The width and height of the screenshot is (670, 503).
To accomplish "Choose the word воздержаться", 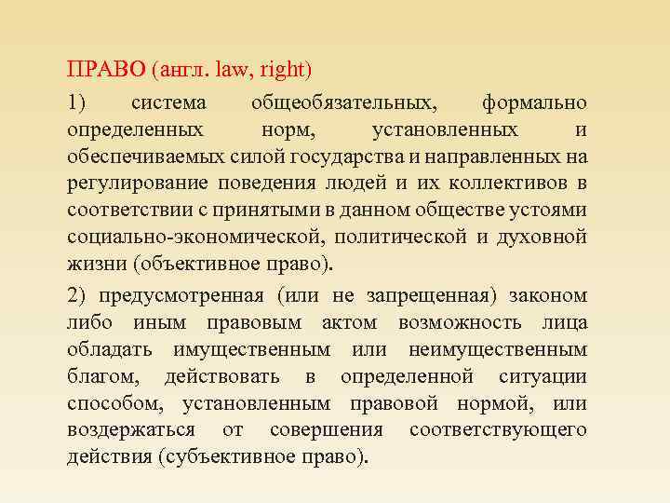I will point(130,429).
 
